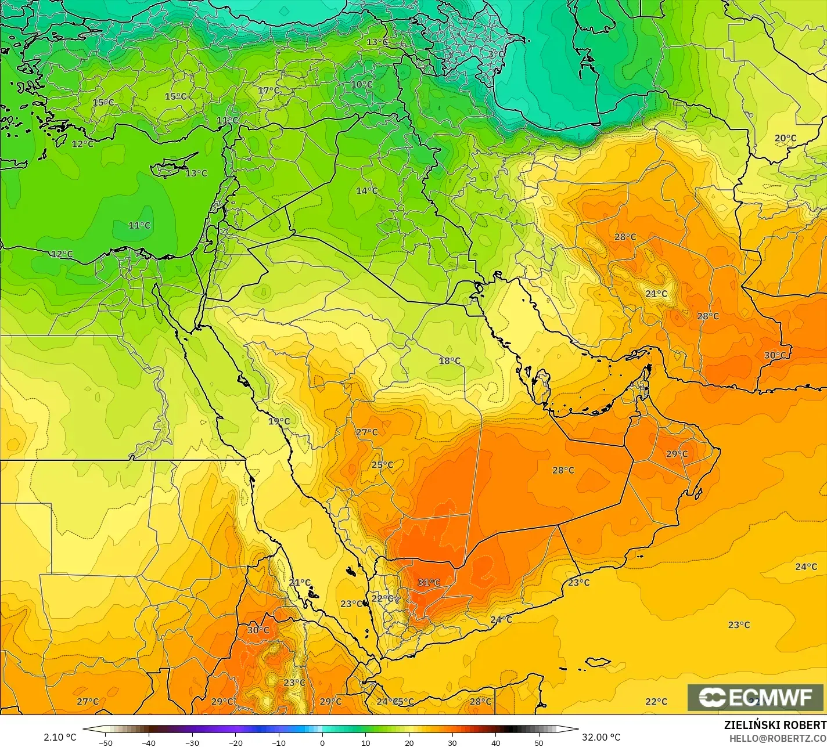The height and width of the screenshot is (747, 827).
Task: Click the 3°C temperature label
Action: (495, 54)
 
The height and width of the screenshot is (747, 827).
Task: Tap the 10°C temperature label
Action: (361, 85)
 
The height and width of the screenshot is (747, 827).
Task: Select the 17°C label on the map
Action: (268, 91)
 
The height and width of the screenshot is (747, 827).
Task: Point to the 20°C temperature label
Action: (785, 138)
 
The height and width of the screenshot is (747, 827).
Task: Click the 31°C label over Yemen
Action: (429, 583)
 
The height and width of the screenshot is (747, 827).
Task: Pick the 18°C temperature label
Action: (449, 361)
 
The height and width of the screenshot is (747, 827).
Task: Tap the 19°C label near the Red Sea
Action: (279, 421)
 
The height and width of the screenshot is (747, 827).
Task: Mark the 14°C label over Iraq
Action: (366, 191)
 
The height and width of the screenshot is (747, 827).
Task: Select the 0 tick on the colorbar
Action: (322, 742)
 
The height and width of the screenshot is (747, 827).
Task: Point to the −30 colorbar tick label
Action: (192, 742)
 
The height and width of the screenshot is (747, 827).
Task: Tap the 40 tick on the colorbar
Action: (495, 742)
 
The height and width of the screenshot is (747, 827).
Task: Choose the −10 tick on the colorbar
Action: (279, 742)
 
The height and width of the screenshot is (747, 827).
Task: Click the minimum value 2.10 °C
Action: (60, 737)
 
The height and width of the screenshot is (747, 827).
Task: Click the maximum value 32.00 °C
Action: (601, 737)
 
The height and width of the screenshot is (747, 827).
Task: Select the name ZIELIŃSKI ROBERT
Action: (775, 725)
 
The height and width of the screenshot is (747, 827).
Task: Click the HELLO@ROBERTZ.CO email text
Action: (778, 738)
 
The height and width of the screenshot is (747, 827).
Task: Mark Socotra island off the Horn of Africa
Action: (598, 662)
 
